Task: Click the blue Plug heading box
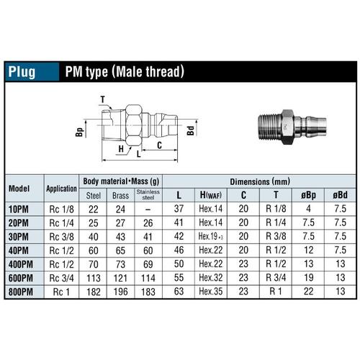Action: coord(30,72)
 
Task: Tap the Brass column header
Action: coord(120,194)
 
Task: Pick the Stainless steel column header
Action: coord(148,194)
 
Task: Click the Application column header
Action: coord(62,189)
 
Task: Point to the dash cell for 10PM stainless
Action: coord(148,209)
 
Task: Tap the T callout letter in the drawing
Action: coord(102,99)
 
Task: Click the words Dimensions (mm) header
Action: coord(260,182)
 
